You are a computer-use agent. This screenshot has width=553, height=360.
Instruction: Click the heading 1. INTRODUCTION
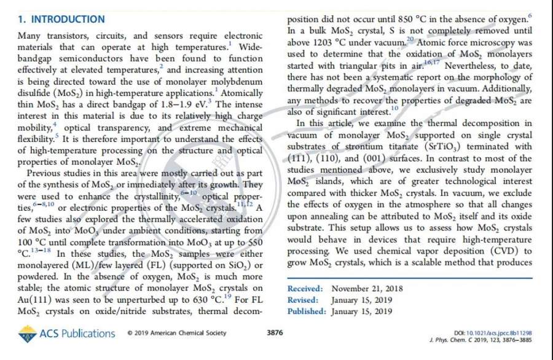coord(61,20)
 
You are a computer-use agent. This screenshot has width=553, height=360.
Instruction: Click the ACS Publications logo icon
coord(27,334)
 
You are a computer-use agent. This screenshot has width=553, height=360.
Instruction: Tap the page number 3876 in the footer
coord(275,333)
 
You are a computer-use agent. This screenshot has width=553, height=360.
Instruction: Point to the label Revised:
coord(303,300)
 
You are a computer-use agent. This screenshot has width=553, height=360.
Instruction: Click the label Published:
coord(307,311)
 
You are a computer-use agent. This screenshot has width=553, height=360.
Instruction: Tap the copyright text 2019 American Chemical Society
coord(177,334)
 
